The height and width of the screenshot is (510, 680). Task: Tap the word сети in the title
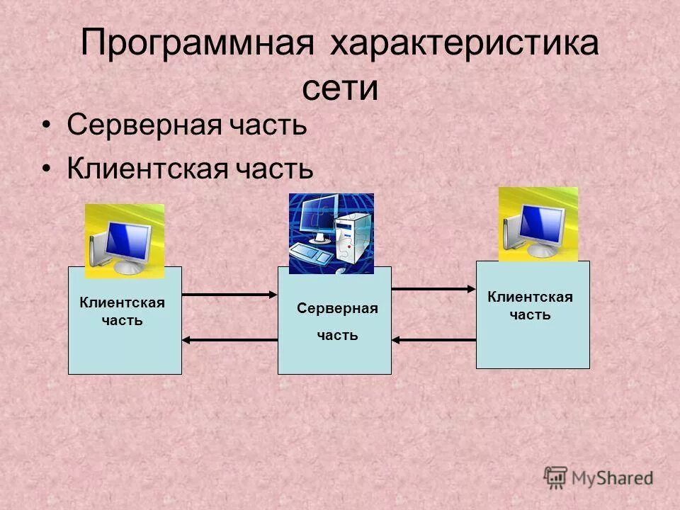coord(340,89)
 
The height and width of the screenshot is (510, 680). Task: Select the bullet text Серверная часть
coord(187,126)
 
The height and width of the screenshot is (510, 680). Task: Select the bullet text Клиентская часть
coord(190,169)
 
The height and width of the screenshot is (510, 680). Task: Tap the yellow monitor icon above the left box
coord(125,241)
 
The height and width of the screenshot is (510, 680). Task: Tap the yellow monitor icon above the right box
coord(538,224)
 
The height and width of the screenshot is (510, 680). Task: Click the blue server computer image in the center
coord(331,234)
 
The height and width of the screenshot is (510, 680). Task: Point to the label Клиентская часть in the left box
coord(122,312)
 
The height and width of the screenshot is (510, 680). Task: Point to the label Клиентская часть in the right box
coord(530,306)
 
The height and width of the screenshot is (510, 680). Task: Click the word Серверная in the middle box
coord(337,309)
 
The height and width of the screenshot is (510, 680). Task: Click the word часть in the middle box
coord(337,335)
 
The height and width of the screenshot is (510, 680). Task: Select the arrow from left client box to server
coord(229,294)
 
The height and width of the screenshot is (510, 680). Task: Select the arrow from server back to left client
coord(229,340)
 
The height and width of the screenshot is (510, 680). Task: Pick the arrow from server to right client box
coord(433,288)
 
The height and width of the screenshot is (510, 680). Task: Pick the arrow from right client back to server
coord(433,340)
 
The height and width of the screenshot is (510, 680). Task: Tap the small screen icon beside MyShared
coord(555,476)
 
